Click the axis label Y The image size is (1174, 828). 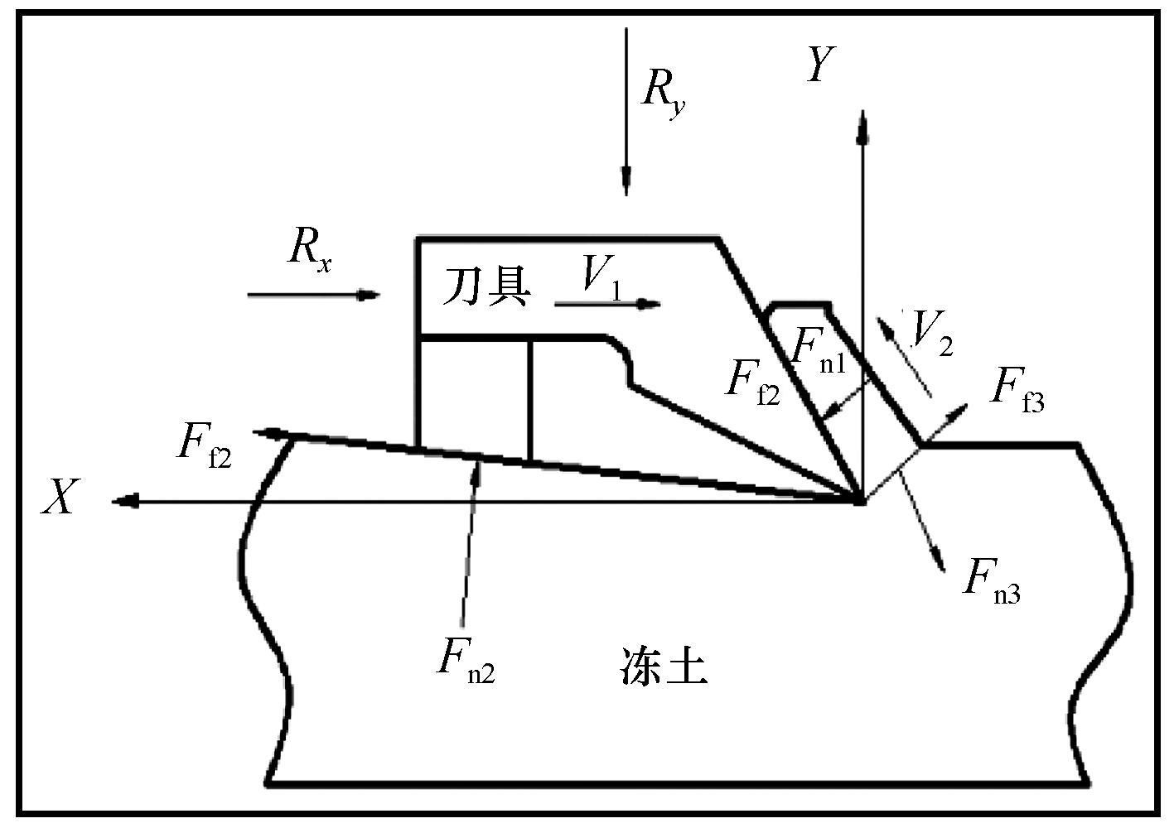819,65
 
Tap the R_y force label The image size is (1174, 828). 663,94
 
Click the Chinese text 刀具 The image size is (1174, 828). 486,287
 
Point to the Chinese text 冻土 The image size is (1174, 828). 664,667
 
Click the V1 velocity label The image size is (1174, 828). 600,277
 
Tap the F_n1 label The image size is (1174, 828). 819,349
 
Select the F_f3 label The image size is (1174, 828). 1018,388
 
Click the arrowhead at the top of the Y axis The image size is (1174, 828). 862,124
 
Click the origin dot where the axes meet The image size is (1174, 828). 861,501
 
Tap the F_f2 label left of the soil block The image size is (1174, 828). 203,443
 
